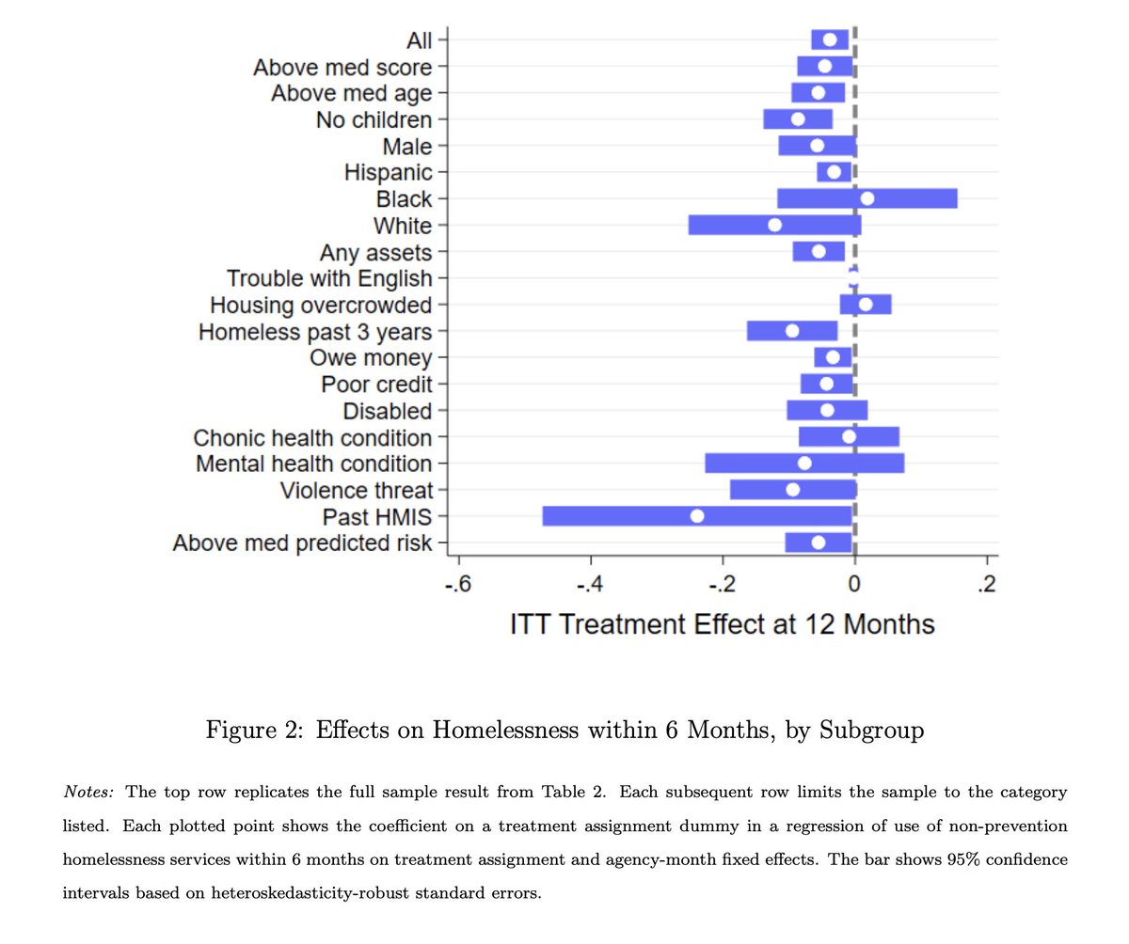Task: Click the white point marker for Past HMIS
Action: (x=696, y=515)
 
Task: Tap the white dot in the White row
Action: (x=774, y=225)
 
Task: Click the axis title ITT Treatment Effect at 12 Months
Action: (x=722, y=625)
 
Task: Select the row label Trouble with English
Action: (x=329, y=278)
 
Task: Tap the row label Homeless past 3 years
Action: (x=315, y=332)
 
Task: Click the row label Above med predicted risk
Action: (x=302, y=543)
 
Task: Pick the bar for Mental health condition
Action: (x=753, y=464)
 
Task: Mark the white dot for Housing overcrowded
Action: (x=866, y=305)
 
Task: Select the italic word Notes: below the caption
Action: (x=87, y=792)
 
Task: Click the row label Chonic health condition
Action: (x=312, y=438)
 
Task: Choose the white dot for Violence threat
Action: (x=792, y=489)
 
